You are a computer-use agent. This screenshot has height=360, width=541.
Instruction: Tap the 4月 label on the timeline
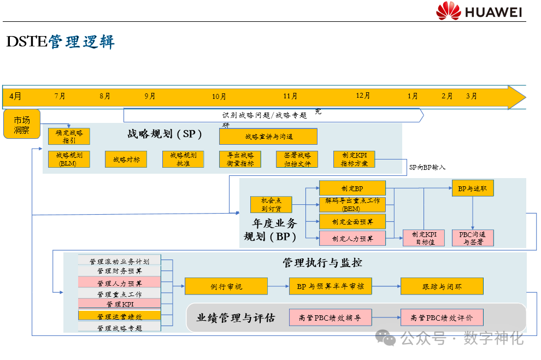tap(15, 96)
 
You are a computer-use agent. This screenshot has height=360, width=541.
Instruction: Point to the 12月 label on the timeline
tap(363, 96)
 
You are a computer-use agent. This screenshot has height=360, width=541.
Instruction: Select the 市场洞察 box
tap(22, 125)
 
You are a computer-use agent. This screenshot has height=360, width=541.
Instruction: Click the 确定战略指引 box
tap(69, 136)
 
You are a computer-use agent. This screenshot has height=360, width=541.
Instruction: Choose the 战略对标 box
tap(126, 160)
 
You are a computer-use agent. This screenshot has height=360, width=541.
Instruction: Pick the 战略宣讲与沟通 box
tap(268, 136)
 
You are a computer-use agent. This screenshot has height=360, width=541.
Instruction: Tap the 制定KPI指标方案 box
tap(354, 160)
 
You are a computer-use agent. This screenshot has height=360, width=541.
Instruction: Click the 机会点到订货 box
tap(271, 204)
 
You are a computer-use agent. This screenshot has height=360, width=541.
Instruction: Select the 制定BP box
tap(352, 188)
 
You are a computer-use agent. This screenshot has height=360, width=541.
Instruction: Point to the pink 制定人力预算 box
tap(352, 238)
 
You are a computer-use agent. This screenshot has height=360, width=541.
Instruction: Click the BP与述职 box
tap(472, 188)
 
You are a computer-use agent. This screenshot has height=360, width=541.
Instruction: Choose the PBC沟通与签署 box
tap(473, 238)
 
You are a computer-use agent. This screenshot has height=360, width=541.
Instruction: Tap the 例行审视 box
tap(226, 286)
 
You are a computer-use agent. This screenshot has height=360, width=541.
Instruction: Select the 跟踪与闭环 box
tap(442, 286)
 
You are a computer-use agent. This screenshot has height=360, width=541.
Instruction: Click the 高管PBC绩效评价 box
tap(442, 317)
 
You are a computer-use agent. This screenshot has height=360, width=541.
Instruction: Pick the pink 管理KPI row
tap(120, 304)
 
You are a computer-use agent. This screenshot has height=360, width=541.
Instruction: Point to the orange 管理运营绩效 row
tap(120, 316)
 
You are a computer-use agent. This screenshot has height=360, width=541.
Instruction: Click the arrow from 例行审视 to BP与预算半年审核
tap(278, 286)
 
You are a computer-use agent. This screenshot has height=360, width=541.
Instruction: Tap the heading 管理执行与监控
tap(322, 263)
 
